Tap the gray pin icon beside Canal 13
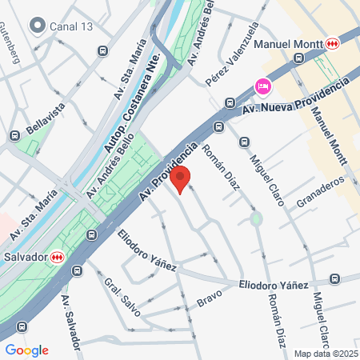38,26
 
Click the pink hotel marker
262,85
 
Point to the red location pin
182,179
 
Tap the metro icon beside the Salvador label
57,257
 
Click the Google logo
26,350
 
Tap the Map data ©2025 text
326,354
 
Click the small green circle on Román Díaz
256,218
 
